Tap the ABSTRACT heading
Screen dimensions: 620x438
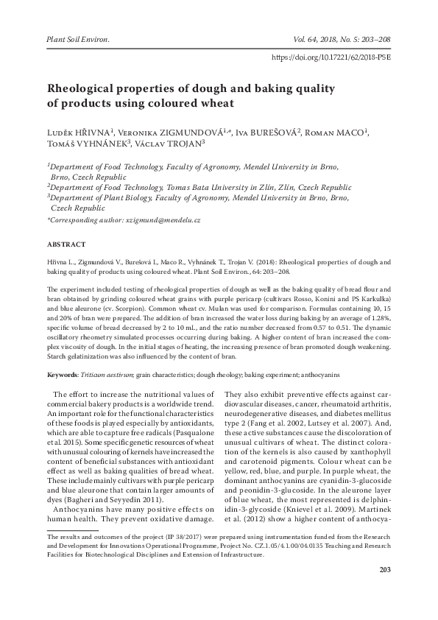66,244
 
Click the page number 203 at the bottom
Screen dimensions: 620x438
384,591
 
